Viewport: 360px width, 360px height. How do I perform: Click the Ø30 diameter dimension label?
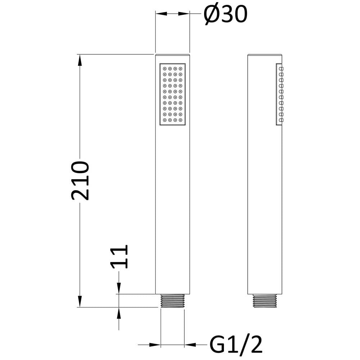pos(225,14)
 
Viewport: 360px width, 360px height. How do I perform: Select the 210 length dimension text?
pos(80,181)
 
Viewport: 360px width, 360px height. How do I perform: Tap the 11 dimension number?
pos(119,257)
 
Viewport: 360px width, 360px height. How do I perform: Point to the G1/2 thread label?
pos(236,345)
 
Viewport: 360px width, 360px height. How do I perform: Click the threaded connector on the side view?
pos(265,301)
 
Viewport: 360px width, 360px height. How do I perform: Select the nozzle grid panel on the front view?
pos(172,94)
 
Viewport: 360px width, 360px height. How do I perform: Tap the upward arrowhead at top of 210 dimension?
pos(80,60)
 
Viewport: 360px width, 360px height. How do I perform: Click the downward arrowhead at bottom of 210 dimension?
pos(80,301)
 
